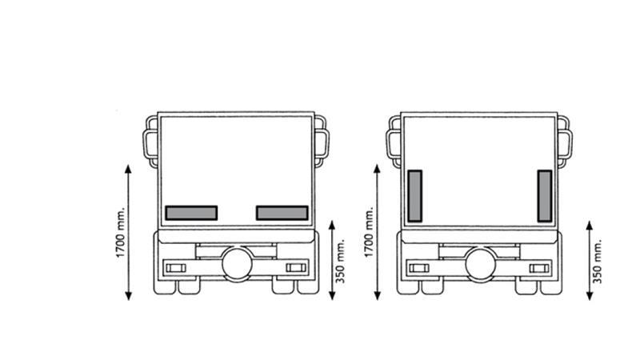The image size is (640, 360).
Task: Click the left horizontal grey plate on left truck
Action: (x=191, y=213)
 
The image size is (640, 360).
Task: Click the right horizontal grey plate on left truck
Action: (x=282, y=213)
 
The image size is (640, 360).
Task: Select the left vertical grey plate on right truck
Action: (x=414, y=196)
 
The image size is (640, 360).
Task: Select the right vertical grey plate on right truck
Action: (x=545, y=196)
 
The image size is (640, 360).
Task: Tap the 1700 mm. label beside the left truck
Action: (x=121, y=233)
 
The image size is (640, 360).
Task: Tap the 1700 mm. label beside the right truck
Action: (x=369, y=233)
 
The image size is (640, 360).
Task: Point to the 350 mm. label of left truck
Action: (x=341, y=262)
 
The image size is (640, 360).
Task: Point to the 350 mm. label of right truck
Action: (x=597, y=262)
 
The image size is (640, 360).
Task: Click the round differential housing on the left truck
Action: (x=237, y=264)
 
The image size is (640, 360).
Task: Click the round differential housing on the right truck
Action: (x=481, y=264)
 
